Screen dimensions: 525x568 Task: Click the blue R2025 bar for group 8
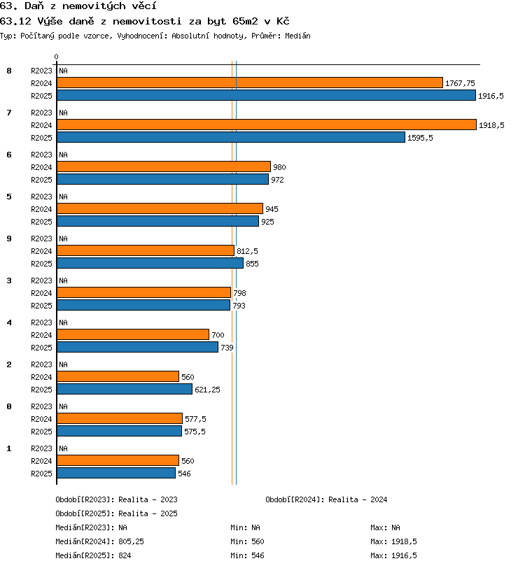[266, 95]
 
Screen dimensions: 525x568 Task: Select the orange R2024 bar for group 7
[267, 125]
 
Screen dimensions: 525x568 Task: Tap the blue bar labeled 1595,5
[231, 137]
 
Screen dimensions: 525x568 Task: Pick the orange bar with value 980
[164, 166]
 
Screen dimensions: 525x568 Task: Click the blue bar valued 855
[150, 263]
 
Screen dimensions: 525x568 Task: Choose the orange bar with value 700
[133, 334]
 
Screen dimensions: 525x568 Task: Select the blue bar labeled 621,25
[125, 389]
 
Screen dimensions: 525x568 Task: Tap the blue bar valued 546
[116, 473]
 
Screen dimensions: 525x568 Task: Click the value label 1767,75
[460, 83]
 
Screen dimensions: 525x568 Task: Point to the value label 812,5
[247, 251]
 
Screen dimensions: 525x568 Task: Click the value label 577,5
[195, 419]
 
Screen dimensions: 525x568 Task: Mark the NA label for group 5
[64, 197]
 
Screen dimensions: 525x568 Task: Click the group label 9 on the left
[9, 239]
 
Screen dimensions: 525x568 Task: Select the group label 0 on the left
[9, 407]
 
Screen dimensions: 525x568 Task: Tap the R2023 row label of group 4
[41, 322]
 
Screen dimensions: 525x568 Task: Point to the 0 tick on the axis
[56, 57]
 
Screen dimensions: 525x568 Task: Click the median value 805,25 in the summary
[132, 541]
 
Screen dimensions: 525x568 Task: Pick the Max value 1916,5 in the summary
[405, 555]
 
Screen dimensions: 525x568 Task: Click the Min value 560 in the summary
[258, 541]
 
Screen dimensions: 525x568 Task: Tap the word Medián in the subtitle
[297, 36]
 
